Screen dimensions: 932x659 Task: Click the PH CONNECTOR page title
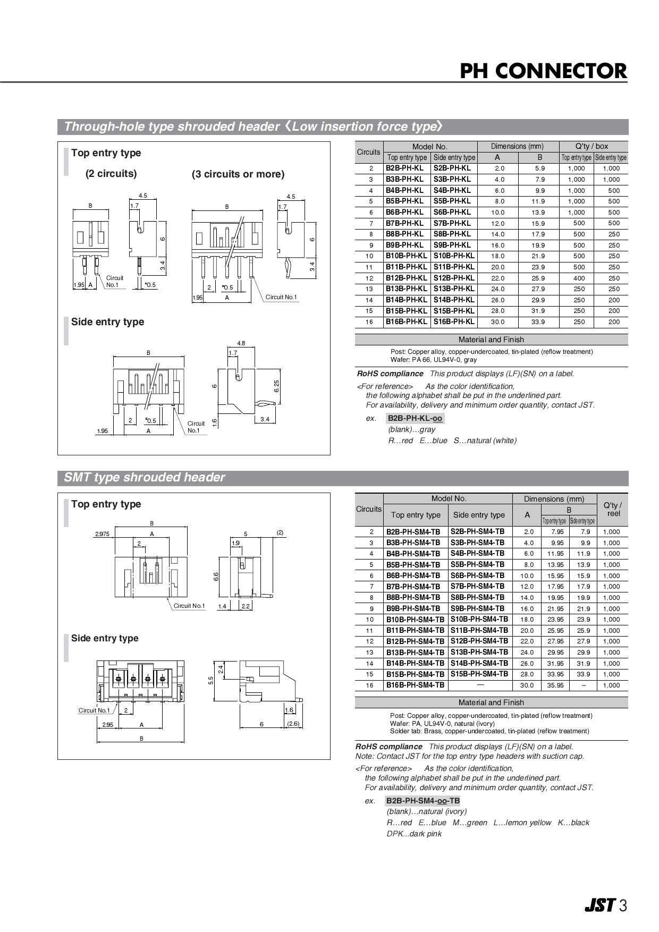pos(543,71)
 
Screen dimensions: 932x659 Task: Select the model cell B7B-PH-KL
pos(405,223)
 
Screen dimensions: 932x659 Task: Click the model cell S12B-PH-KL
pos(454,278)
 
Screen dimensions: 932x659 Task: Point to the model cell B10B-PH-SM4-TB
pos(415,620)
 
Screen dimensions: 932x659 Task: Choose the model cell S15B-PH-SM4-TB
pos(479,674)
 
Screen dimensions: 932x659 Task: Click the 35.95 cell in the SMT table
pos(555,685)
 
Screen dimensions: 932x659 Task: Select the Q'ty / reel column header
pos(613,509)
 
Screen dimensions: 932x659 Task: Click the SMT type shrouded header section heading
pos(145,477)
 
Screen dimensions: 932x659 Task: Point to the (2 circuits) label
pos(111,174)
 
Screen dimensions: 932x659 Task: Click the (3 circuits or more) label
pos(238,174)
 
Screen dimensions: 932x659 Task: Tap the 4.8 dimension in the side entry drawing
pos(241,343)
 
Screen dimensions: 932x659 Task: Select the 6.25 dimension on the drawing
pos(276,386)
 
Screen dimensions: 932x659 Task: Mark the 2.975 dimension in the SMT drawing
pos(102,534)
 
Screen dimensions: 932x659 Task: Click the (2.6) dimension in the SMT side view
pos(293,724)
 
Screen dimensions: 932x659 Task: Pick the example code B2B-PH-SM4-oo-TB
pos(423,801)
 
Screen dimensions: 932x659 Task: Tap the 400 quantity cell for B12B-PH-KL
pos(579,278)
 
